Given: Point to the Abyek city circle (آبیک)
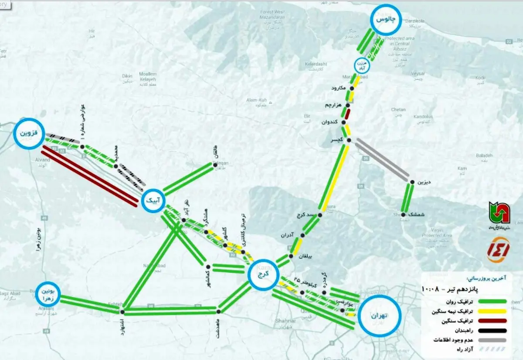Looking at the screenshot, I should tap(153, 201).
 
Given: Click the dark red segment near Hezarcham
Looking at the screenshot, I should tap(347, 114).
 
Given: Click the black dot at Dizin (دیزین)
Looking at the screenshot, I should tap(411, 182).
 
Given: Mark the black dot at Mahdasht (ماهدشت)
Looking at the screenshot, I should tap(219, 311).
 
